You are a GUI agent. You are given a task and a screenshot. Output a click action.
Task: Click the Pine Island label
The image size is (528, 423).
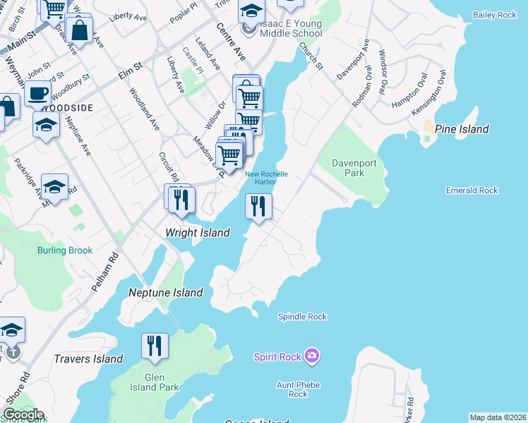pos(462,129)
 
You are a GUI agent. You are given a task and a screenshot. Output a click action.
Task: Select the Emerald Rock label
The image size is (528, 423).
pos(472,190)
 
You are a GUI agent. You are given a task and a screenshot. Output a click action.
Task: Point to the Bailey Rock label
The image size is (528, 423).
pos(493,15)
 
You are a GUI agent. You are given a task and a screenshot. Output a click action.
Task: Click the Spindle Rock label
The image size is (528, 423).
pos(302,317)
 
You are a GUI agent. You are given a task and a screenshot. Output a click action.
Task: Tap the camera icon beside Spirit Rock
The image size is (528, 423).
pos(312,357)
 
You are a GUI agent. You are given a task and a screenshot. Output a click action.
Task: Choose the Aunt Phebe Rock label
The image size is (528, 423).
pos(298,389)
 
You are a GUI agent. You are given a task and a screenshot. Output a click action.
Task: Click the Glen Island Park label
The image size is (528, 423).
pos(155,382)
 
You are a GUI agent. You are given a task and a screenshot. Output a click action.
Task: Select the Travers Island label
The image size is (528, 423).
pos(88,359)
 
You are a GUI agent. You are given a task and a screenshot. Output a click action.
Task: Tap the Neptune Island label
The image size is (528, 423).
pos(165,293)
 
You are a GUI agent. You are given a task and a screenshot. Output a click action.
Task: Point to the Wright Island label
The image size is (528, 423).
pos(197,233)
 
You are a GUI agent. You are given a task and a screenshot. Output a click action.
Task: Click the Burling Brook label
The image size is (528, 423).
pos(65,250)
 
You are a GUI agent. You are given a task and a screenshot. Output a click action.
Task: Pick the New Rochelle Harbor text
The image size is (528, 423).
pos(266,178)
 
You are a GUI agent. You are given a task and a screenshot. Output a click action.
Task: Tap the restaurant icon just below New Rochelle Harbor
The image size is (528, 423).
pos(258,206)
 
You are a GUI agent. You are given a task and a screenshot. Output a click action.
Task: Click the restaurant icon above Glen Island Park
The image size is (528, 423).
pos(155,345)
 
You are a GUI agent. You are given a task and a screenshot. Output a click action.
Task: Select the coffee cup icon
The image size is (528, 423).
pos(37,92)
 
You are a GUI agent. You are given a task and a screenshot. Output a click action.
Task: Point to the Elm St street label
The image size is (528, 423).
pos(131,68)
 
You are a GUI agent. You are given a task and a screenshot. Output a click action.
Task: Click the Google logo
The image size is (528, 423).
pos(23,415)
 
